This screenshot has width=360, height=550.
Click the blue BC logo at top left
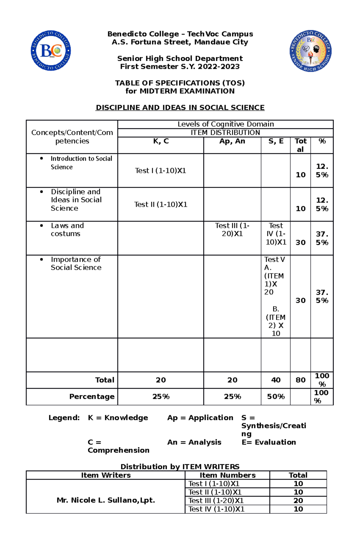51,50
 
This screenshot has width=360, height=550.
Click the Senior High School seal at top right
310,51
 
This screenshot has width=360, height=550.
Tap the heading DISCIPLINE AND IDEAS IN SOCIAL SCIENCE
180,108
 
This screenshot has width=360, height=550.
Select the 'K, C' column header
161,141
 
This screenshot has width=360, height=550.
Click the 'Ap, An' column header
232,141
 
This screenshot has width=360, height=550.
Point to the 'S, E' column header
276,141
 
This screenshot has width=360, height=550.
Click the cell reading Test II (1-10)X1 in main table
160,204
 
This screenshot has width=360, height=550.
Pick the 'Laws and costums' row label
67,230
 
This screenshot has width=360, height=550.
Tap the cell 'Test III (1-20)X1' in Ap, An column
232,230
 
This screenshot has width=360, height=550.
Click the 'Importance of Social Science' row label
76,263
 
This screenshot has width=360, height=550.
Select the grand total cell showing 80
300,380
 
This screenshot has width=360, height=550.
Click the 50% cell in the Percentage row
276,397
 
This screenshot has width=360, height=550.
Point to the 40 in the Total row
276,380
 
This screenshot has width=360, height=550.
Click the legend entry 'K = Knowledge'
118,418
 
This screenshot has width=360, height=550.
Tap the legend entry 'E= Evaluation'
269,442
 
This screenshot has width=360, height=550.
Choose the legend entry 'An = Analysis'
194,442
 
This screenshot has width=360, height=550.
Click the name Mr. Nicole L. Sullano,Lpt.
106,500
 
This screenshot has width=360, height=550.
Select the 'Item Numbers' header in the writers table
227,475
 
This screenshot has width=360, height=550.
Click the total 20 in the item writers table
298,501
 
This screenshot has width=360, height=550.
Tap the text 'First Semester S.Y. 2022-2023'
180,67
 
